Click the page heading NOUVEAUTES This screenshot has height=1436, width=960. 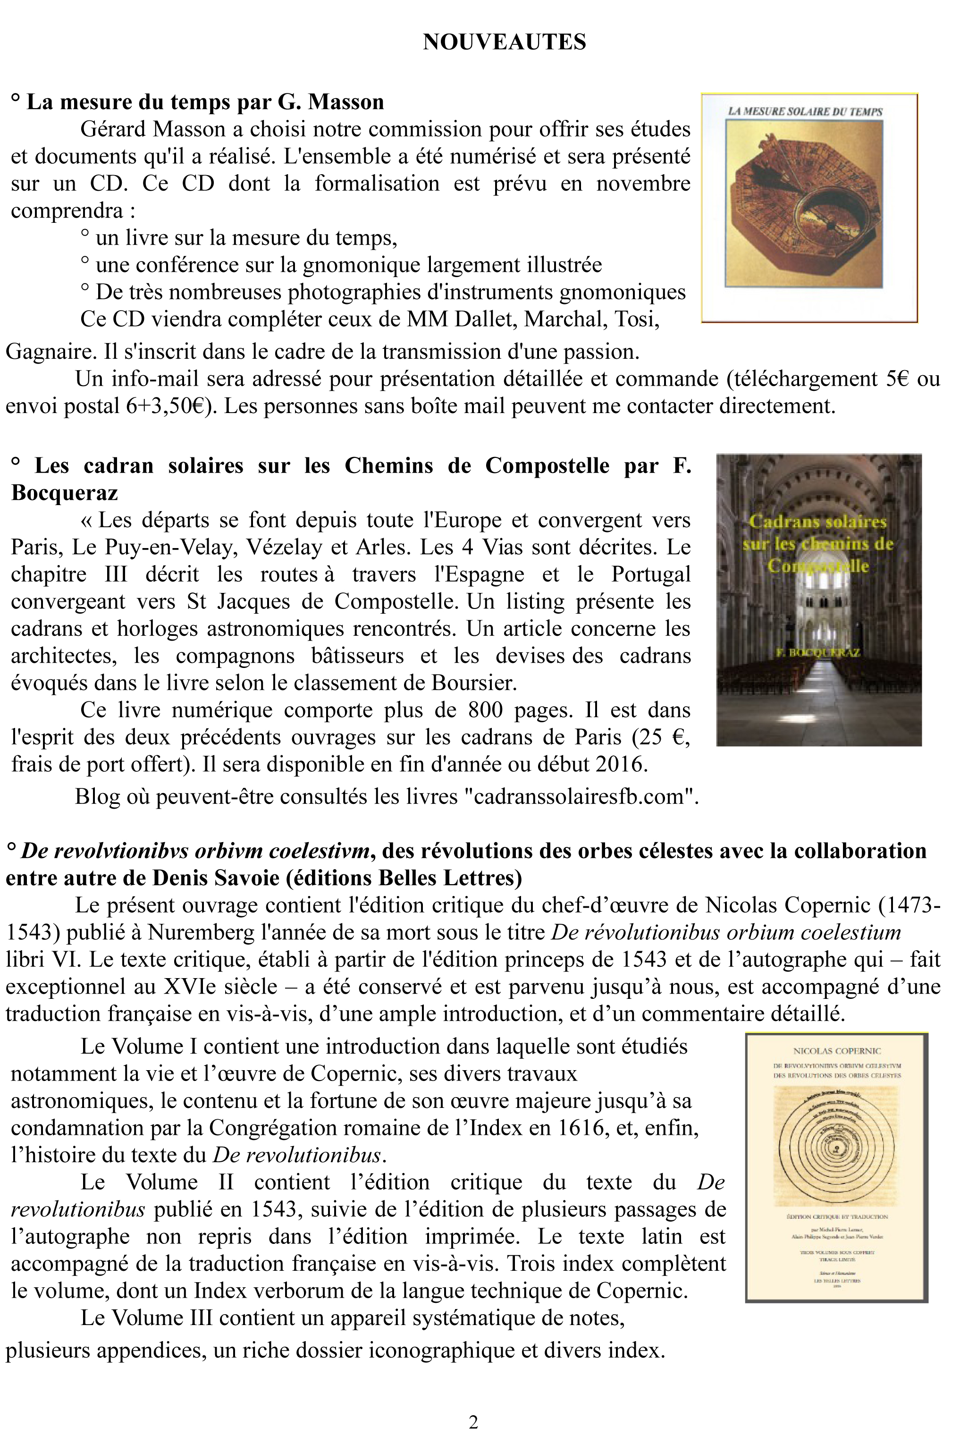[505, 42]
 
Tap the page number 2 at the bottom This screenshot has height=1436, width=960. [473, 1421]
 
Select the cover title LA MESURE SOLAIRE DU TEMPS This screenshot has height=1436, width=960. [805, 111]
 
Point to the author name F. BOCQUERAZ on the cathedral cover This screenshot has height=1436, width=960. [818, 653]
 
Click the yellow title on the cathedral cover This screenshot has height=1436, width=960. [818, 543]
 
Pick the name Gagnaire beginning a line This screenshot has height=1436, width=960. [51, 352]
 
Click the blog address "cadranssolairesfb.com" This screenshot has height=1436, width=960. [581, 797]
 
